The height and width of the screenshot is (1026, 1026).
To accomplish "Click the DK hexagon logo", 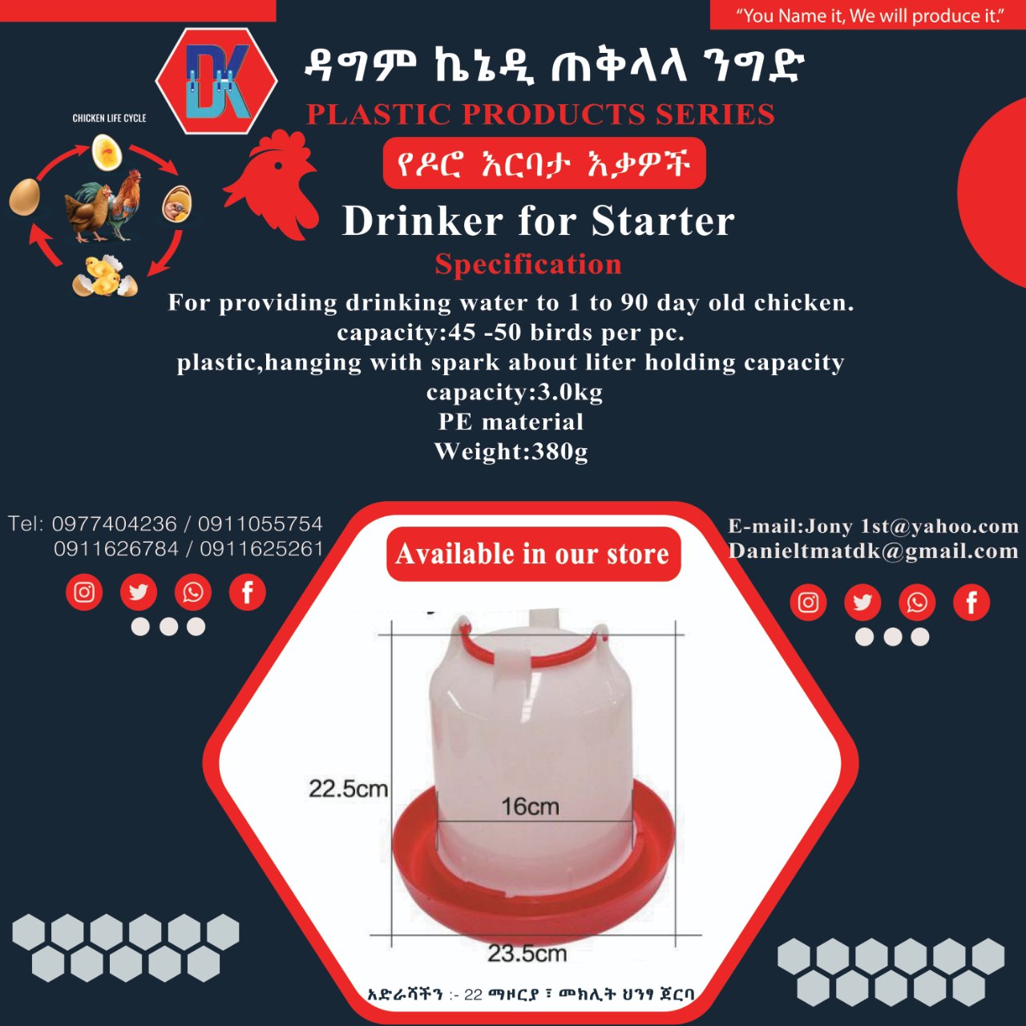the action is pos(216,81).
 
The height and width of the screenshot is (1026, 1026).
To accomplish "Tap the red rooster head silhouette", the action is pos(272,184).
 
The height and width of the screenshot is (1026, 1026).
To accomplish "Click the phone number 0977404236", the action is pos(114,524).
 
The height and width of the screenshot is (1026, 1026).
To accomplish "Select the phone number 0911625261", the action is pos(261,549).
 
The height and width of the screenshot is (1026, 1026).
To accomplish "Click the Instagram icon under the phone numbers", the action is pos(84,592).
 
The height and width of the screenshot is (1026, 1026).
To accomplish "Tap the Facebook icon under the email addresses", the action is pos(971,602).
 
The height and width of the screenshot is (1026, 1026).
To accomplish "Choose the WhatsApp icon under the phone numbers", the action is pos(192,592).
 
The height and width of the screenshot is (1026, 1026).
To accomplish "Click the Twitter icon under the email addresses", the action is pos(862,602).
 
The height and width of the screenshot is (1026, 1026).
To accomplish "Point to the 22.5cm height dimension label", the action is pos(348,789).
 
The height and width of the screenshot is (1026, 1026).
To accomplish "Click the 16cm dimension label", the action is pos(531,806).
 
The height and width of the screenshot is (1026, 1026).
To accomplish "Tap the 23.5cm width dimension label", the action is pos(527,953).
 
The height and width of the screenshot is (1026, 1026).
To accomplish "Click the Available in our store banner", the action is pos(534,554).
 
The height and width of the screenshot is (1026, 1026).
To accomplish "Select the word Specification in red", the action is pos(528,264).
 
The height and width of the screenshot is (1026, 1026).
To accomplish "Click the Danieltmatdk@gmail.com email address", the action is pos(873,551).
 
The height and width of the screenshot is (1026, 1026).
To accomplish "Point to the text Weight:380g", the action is pos(511,451).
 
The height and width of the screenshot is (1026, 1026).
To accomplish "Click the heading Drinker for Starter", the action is pos(539,220).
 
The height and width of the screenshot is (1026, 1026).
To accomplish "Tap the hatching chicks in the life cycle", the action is pos(104,276).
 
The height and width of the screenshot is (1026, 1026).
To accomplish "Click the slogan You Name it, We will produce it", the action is pos(870,16).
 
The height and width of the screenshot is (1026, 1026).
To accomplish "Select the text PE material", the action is pos(511,422).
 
